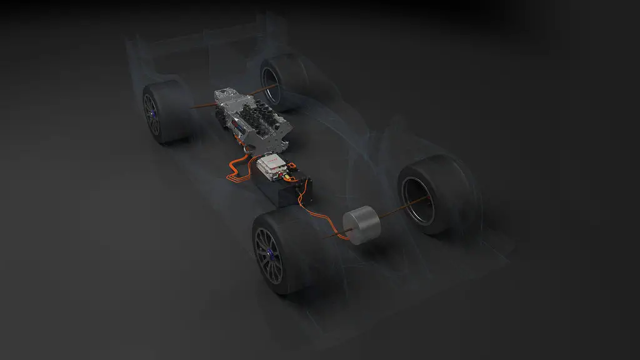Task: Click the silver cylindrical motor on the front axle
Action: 361,225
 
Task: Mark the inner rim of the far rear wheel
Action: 272,81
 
